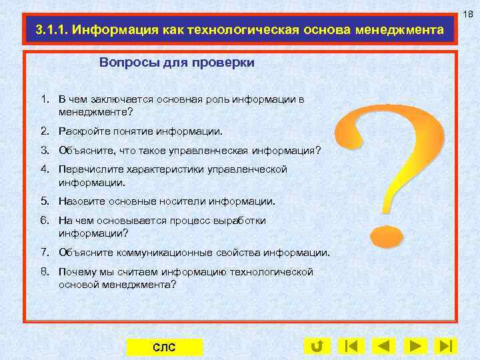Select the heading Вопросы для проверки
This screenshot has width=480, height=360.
[x=177, y=63]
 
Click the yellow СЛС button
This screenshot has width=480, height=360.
[x=164, y=347]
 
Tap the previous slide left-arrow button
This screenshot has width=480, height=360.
[x=383, y=346]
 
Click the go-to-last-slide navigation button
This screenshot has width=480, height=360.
[x=446, y=346]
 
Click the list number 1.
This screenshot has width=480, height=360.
[x=44, y=99]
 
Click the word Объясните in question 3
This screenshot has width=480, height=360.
[x=83, y=151]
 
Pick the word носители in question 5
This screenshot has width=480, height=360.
[x=185, y=201]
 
